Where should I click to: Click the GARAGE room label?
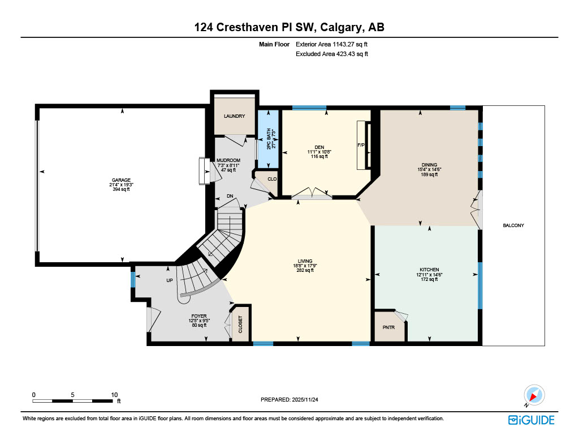(122, 180)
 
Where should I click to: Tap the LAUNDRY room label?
(234, 116)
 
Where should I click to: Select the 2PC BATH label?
(269, 138)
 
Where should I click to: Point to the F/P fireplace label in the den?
(360, 146)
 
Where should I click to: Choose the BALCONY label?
(513, 225)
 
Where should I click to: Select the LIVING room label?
(305, 261)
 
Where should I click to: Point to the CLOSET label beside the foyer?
(240, 325)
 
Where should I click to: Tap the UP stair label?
(169, 280)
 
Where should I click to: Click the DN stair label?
(230, 196)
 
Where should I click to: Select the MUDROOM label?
(228, 160)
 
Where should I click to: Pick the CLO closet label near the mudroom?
(272, 179)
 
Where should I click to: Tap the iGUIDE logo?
(531, 420)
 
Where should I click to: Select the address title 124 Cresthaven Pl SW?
(289, 27)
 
